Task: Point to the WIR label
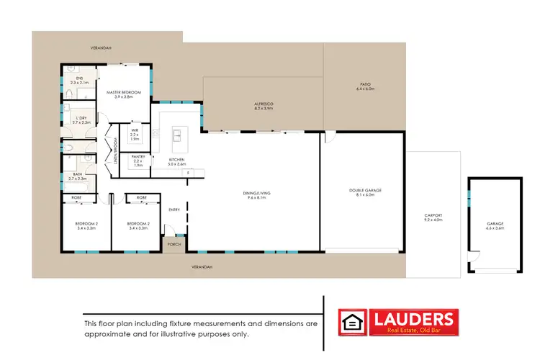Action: pos(135,130)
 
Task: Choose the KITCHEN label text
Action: pos(176,158)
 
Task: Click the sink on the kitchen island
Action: pos(175,133)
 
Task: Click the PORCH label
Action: pos(174,244)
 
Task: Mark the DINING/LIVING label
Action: pos(257,192)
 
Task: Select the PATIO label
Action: pos(365,85)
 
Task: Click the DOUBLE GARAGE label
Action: pos(365,190)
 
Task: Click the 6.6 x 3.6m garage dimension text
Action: pos(495,228)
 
